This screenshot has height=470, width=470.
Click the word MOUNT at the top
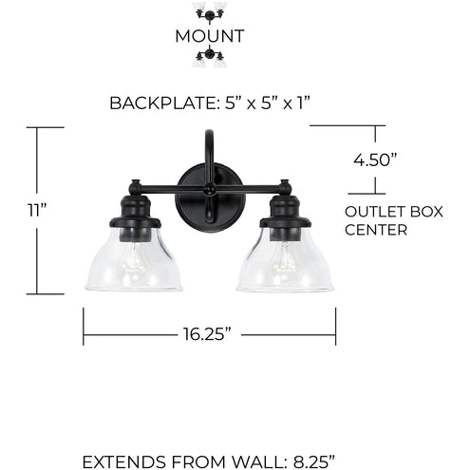tap(210, 36)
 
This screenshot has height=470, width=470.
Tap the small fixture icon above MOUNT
tap(210, 12)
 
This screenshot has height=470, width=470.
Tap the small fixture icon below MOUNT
tap(210, 57)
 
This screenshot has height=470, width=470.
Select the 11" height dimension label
tap(37, 210)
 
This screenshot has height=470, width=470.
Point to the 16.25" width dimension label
tap(207, 334)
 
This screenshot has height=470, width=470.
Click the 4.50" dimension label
tap(375, 160)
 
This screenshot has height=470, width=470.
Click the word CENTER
tap(376, 230)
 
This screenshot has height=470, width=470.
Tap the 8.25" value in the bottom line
tap(313, 461)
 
